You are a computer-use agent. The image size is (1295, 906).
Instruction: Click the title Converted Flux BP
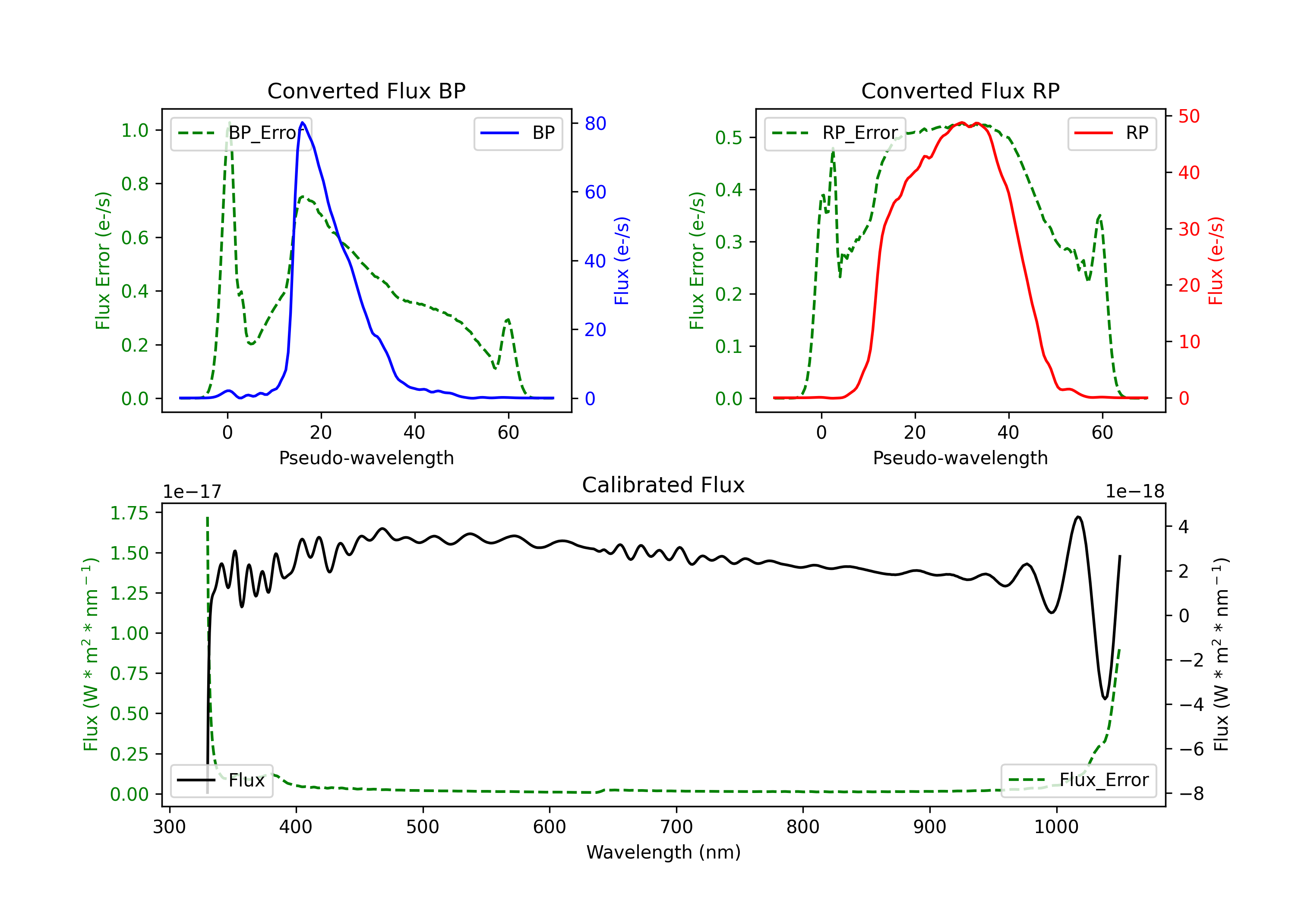[x=366, y=91]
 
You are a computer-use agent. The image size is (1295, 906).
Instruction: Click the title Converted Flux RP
[x=960, y=91]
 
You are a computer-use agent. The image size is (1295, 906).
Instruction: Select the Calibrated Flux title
[x=663, y=485]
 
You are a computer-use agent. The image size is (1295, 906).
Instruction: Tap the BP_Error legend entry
[x=241, y=133]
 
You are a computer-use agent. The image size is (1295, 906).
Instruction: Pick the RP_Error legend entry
[x=835, y=133]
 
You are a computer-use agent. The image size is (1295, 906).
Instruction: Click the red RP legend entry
[x=1112, y=133]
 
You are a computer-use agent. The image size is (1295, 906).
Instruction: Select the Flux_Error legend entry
[x=1078, y=780]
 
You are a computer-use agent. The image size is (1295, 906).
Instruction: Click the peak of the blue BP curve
[x=303, y=123]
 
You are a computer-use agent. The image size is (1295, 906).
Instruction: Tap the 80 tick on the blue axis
[x=595, y=123]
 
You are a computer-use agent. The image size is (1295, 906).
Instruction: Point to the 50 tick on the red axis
[x=1189, y=116]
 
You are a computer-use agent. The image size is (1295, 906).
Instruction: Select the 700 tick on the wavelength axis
[x=676, y=827]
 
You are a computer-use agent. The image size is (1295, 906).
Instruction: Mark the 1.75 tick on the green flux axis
[x=129, y=513]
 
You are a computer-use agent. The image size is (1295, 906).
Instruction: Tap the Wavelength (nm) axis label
[x=663, y=853]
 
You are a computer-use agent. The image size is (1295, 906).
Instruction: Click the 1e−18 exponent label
[x=1135, y=492]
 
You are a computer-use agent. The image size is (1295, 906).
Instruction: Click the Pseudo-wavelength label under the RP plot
[x=960, y=458]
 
